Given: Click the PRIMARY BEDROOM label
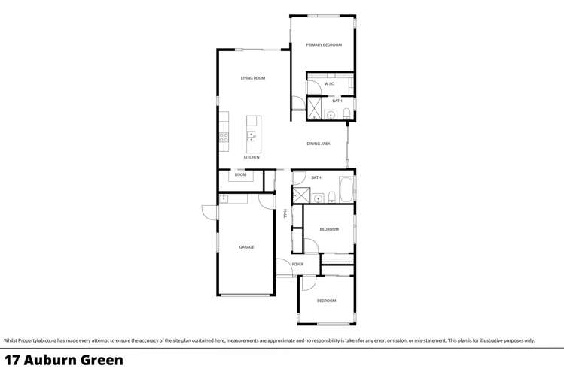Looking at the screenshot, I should [324, 45].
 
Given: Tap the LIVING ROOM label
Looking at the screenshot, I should [253, 78].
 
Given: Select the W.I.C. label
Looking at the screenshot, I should [329, 83].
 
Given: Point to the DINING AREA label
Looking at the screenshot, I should [319, 144].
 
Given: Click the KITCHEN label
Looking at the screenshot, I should [252, 158].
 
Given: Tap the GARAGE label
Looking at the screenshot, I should [246, 247].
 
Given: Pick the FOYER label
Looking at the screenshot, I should [298, 265].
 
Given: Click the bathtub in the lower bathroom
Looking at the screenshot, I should [346, 190].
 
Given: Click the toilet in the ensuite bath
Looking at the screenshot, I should [346, 114].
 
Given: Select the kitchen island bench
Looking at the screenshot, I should [253, 130].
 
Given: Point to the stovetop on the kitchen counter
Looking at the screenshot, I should [224, 137].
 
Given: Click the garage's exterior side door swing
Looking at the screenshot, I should [209, 213].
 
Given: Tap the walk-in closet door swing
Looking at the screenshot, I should [312, 86].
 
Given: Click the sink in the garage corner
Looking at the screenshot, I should [224, 198].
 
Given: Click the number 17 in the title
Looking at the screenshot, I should [12, 360].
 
